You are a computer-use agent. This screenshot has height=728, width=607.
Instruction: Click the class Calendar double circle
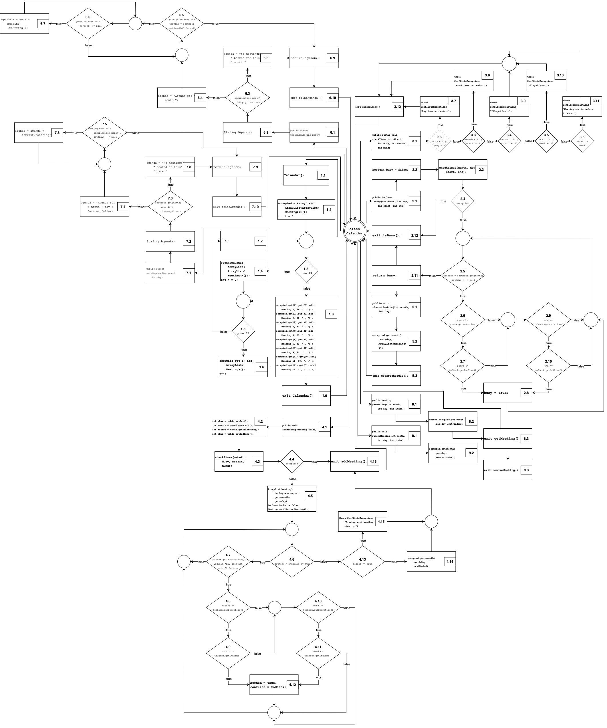pyautogui.click(x=354, y=231)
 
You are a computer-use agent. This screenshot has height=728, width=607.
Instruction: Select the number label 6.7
pyautogui.click(x=43, y=24)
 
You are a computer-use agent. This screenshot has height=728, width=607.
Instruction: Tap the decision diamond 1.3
pyautogui.click(x=306, y=271)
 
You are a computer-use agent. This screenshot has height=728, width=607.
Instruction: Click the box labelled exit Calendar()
pyautogui.click(x=306, y=395)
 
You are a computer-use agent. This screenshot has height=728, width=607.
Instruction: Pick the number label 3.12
pyautogui.click(x=397, y=107)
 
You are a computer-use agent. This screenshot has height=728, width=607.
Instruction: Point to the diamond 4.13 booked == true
pyautogui.click(x=362, y=562)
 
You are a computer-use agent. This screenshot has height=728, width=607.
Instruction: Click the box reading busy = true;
pyautogui.click(x=507, y=393)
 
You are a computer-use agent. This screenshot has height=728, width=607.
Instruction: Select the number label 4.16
pyautogui.click(x=373, y=461)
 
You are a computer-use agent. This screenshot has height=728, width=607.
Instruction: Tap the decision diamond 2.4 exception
pyautogui.click(x=463, y=201)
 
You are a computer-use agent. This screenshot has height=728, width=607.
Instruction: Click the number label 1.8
pyautogui.click(x=331, y=314)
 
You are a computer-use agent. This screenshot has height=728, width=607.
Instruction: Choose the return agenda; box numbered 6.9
pyautogui.click(x=314, y=58)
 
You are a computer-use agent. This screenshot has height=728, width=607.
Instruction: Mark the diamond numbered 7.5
pyautogui.click(x=104, y=132)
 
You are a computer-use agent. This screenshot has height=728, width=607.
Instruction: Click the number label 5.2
pyautogui.click(x=414, y=341)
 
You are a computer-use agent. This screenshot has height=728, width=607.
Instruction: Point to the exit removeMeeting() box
pyautogui.click(x=507, y=470)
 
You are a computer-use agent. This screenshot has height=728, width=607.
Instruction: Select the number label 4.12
pyautogui.click(x=292, y=685)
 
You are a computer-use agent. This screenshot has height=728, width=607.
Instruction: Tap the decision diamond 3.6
pyautogui.click(x=582, y=141)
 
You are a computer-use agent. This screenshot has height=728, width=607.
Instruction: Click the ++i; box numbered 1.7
pyautogui.click(x=243, y=241)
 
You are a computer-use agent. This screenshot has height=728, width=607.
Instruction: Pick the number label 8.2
pyautogui.click(x=471, y=422)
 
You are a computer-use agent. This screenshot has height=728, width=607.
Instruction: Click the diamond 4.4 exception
pyautogui.click(x=292, y=461)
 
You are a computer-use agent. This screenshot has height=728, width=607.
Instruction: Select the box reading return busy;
pyautogui.click(x=396, y=276)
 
